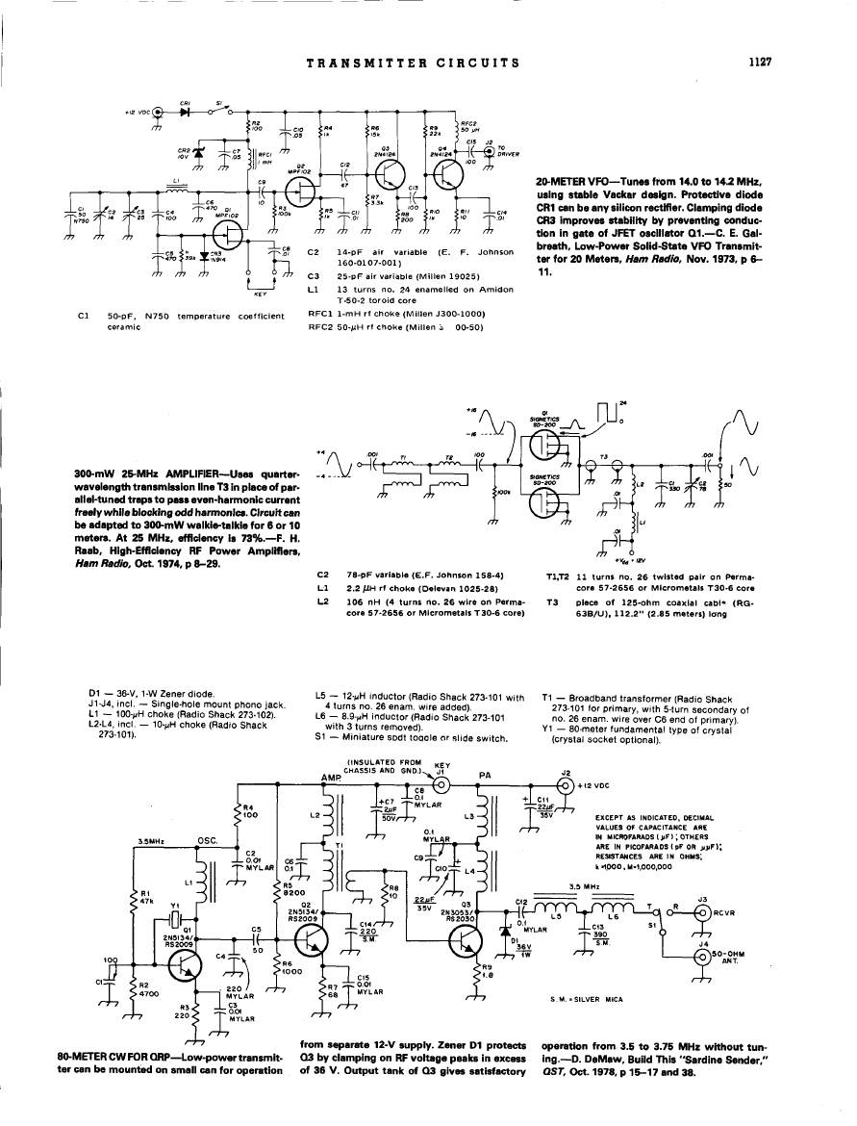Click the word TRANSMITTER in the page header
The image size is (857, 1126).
(x=354, y=63)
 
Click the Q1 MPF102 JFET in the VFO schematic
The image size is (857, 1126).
(x=227, y=234)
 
